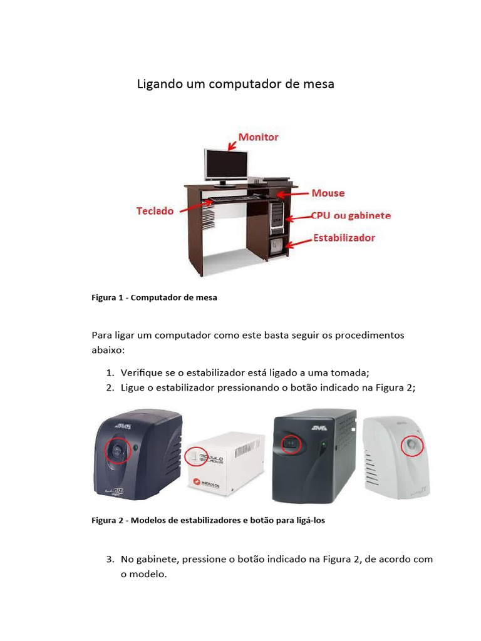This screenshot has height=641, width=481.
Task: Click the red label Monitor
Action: coord(257,136)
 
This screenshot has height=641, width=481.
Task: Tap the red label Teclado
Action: coord(155,211)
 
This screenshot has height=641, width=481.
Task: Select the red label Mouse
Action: coord(328,193)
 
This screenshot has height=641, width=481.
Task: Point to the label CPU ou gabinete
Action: coord(351,215)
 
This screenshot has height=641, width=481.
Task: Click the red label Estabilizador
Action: coord(344,238)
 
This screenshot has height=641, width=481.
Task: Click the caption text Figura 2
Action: coord(108,520)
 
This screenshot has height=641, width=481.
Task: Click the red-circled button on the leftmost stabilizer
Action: coord(118,449)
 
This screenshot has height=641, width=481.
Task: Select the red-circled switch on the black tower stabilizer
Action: coord(291,444)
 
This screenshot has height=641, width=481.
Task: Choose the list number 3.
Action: coord(110,559)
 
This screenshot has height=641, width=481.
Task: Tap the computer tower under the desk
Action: coord(277,217)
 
